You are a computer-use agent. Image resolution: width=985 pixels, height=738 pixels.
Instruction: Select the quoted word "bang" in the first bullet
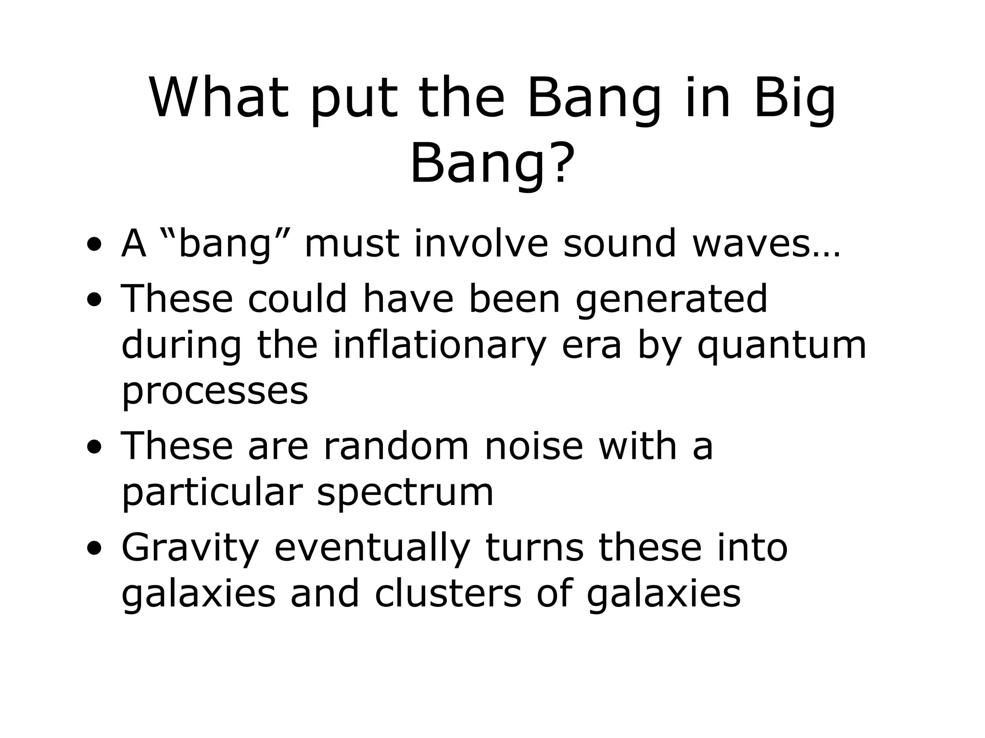click(x=226, y=244)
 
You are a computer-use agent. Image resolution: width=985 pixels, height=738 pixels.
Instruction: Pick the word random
click(x=396, y=446)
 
